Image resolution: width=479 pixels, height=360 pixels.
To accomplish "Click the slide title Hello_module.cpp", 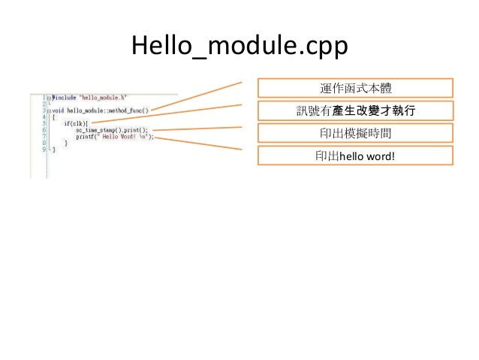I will click(239, 47).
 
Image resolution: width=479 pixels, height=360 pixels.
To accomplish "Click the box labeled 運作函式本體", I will click(355, 89).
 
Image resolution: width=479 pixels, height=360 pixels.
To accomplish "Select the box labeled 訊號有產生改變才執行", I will click(355, 111).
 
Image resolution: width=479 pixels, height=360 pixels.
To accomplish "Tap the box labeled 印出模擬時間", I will click(355, 133).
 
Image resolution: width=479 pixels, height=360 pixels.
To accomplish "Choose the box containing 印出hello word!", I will click(355, 156).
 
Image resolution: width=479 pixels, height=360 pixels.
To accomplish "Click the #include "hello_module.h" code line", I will click(83, 98).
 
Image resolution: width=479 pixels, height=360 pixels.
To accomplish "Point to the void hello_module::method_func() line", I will click(98, 110).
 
